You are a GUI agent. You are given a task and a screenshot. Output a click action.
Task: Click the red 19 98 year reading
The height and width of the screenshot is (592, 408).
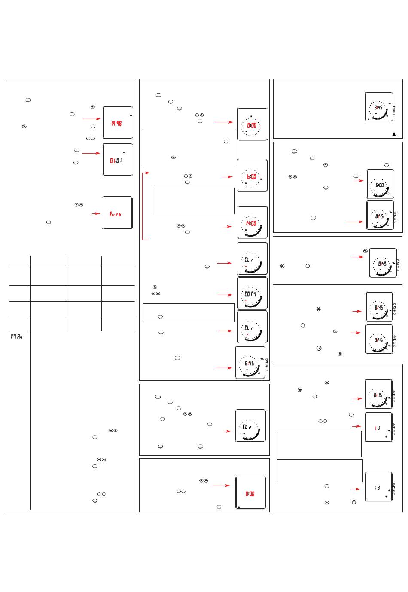click(x=116, y=124)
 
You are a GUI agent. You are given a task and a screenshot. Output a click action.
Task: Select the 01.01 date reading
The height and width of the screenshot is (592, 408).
click(x=116, y=161)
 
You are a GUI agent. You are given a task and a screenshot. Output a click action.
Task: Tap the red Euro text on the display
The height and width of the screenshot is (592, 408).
click(x=115, y=214)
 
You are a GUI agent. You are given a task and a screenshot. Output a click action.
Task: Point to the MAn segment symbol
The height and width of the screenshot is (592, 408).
click(x=17, y=337)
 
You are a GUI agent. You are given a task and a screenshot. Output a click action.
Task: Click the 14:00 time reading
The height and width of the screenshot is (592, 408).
click(x=251, y=223)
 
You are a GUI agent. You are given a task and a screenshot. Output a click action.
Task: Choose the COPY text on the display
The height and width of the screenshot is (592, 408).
click(x=250, y=294)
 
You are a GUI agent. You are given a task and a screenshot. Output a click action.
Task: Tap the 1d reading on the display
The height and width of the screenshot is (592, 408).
click(x=377, y=428)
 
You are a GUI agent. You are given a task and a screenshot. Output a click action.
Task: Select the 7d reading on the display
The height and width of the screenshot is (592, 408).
click(x=377, y=488)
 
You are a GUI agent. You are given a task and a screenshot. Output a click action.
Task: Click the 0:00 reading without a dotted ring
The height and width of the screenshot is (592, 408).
click(x=250, y=494)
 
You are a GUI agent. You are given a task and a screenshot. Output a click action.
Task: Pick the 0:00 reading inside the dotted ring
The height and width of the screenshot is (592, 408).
click(x=252, y=125)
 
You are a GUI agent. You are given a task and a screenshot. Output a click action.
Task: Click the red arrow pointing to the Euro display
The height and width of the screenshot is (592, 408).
click(x=93, y=213)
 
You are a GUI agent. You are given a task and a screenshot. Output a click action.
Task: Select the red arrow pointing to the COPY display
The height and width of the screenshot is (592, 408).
click(x=225, y=295)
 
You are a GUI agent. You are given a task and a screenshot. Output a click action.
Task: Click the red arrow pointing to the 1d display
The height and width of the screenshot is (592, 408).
click(x=357, y=426)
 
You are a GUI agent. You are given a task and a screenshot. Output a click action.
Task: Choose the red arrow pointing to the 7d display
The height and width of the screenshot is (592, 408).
click(x=357, y=489)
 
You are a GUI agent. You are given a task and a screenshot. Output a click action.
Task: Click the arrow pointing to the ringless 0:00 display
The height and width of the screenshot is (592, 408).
click(x=221, y=486)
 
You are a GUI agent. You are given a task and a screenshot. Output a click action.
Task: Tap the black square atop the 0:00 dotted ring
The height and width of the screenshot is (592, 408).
click(x=252, y=116)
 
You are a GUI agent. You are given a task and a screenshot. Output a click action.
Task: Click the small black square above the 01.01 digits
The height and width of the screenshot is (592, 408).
click(x=124, y=152)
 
